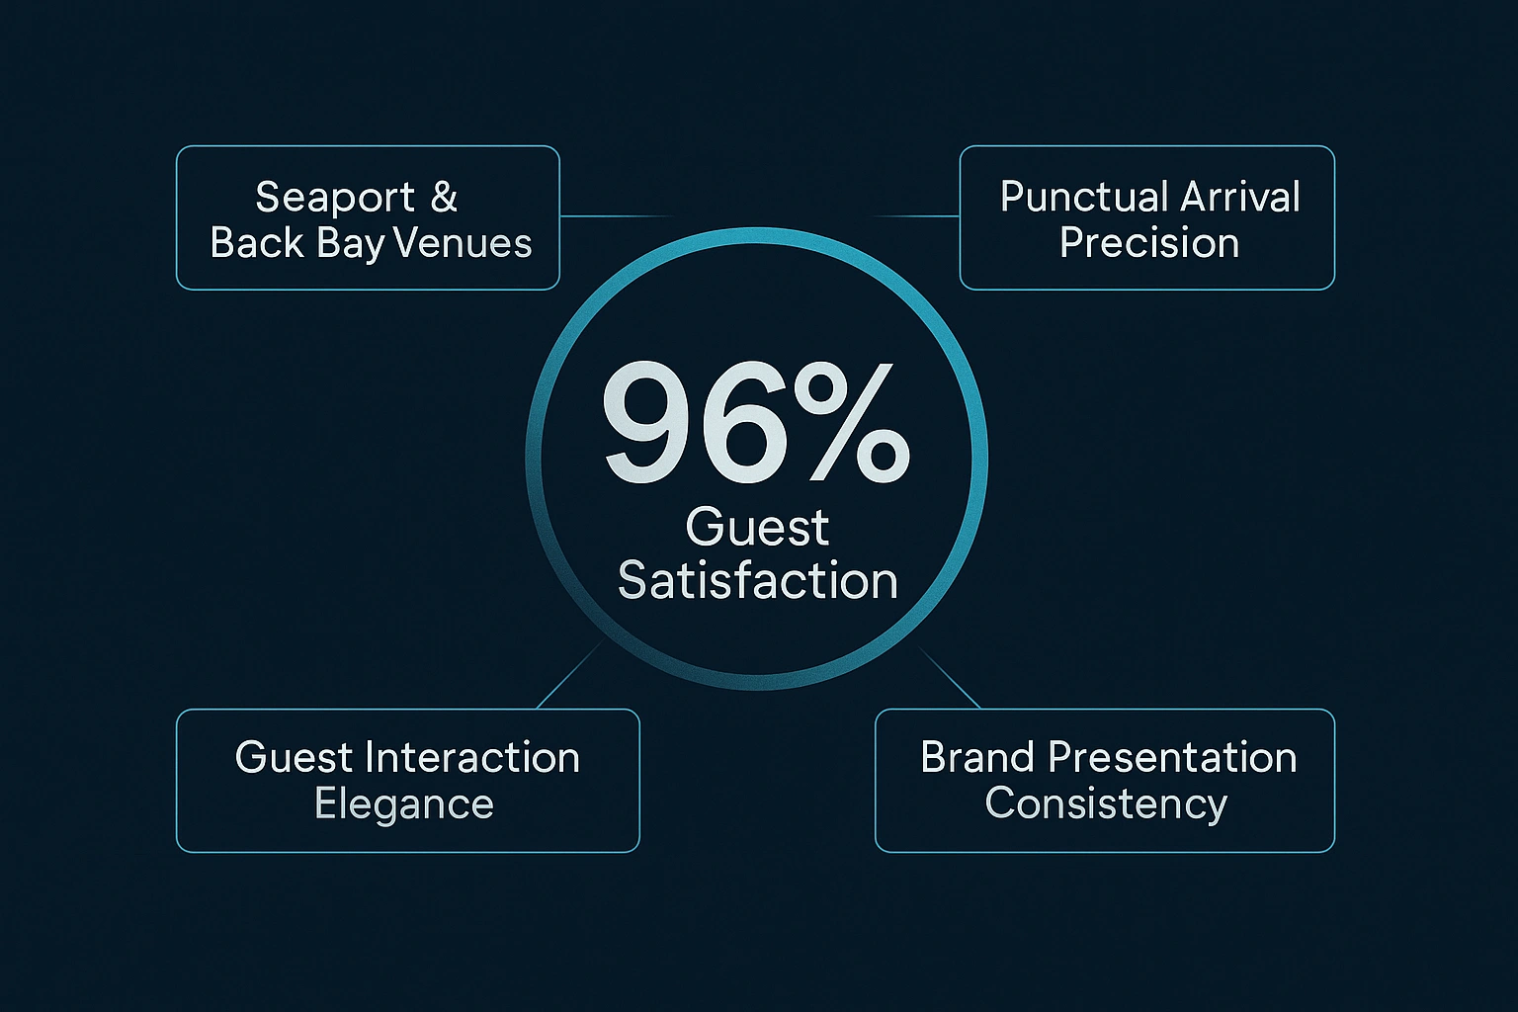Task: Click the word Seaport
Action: (335, 198)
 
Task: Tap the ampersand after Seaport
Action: (445, 198)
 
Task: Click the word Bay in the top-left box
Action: (351, 244)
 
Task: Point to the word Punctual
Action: (1072, 197)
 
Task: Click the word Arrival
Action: (1240, 197)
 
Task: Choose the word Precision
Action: (1149, 243)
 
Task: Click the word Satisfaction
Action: (758, 580)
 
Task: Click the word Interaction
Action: (472, 758)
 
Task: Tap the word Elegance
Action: (404, 803)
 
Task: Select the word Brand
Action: (977, 758)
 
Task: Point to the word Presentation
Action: (1172, 758)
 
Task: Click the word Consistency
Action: (1106, 803)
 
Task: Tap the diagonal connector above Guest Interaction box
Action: (571, 674)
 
